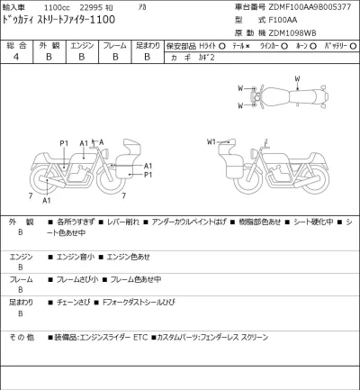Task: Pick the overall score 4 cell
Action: pyautogui.click(x=15, y=57)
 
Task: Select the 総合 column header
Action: pyautogui.click(x=15, y=44)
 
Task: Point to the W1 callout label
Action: pyautogui.click(x=212, y=141)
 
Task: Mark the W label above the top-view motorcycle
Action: pyautogui.click(x=297, y=79)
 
